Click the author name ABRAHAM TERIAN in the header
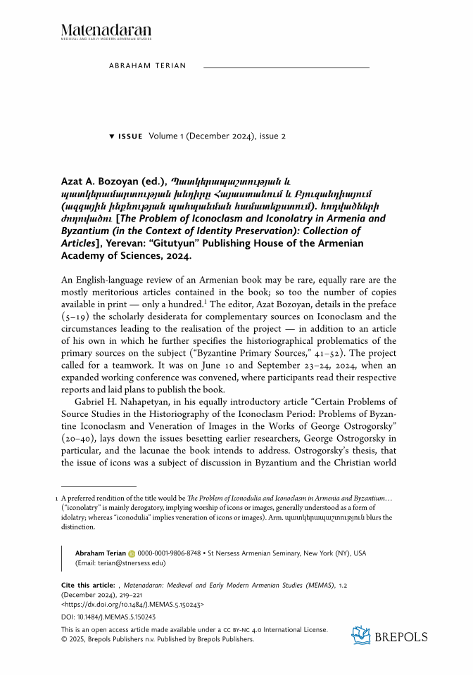148,65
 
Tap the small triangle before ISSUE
111,136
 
